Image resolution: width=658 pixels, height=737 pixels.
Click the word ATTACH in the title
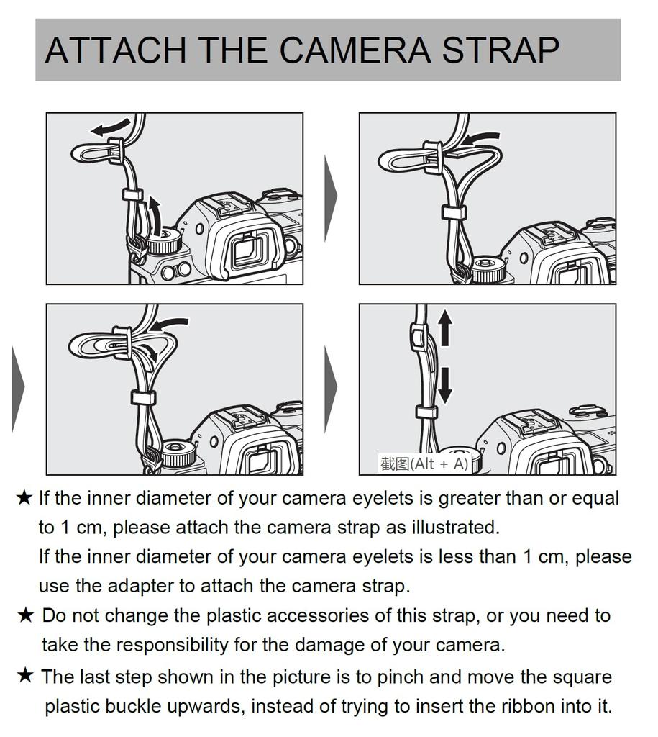click(116, 50)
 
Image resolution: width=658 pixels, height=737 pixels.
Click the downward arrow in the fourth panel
click(445, 383)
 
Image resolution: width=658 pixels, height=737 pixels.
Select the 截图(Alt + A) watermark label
click(424, 464)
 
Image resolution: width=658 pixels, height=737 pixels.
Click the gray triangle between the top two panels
click(330, 197)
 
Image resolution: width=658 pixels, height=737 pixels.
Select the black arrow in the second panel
click(479, 137)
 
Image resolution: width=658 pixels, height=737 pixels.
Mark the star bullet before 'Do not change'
click(25, 615)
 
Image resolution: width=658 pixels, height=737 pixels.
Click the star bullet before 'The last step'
click(25, 677)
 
